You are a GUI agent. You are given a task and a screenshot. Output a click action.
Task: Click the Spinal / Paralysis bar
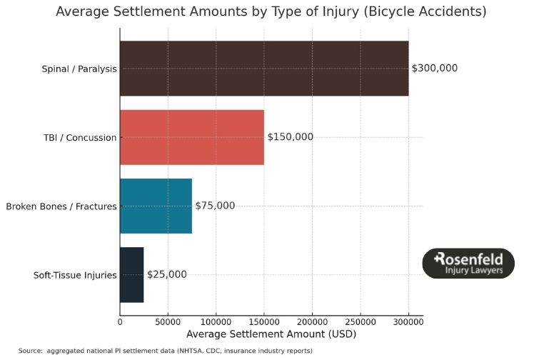264,69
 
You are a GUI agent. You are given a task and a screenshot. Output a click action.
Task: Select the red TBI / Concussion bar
192,137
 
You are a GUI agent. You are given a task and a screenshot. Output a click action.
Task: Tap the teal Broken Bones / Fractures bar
156,206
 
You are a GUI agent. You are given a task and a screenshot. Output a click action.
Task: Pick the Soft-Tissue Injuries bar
132,274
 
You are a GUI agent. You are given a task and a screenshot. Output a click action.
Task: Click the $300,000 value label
435,69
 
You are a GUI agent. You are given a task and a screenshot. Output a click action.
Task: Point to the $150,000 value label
291,137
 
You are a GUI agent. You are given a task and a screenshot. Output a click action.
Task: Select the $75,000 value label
215,206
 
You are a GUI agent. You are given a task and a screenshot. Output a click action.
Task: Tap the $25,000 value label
167,274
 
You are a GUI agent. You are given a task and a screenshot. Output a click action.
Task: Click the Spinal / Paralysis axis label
79,69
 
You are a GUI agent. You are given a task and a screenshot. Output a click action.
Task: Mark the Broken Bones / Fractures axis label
61,206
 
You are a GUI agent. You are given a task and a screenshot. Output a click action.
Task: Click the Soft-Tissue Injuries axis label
75,275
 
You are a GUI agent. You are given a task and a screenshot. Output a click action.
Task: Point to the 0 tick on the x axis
120,322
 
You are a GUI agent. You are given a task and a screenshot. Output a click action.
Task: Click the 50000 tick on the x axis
168,322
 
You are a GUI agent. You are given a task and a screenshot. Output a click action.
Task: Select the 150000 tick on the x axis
264,322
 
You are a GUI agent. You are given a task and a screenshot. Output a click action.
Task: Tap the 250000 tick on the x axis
361,322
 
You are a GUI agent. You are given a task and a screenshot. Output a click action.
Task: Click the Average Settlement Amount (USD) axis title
271,334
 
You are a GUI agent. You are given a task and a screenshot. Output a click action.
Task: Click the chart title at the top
271,12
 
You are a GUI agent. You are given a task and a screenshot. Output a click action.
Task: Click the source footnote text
165,351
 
